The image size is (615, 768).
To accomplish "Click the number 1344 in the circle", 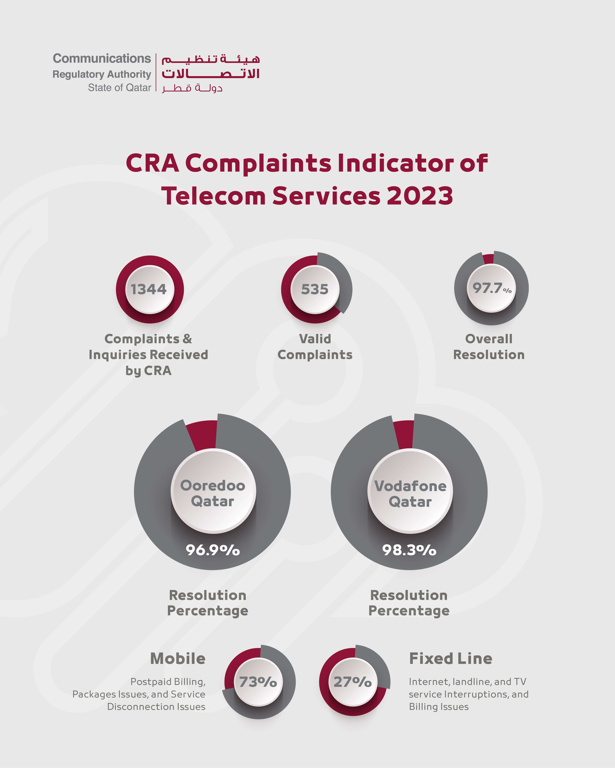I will click(x=149, y=289).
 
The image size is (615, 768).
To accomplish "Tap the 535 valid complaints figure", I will click(x=315, y=289).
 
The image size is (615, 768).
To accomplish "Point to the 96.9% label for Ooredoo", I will click(x=213, y=550).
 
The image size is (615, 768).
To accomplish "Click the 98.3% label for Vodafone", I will click(x=409, y=550).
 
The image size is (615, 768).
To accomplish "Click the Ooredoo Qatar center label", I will click(x=213, y=493).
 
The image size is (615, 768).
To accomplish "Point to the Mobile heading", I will click(x=178, y=659).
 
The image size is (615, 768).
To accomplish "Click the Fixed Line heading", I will click(x=450, y=659).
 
